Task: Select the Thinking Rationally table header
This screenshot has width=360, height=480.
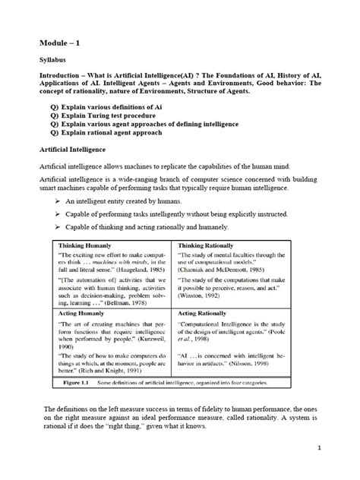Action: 210,247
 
